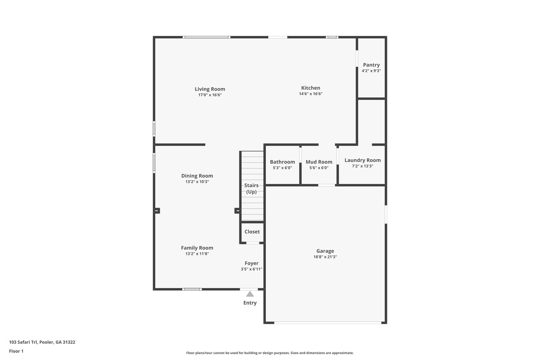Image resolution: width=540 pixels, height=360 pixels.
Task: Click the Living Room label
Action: click(210, 89)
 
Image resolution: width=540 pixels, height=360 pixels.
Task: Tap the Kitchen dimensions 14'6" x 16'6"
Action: click(310, 94)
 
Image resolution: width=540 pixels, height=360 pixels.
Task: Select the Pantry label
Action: click(371, 65)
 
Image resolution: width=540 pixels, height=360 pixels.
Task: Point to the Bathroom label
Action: click(282, 162)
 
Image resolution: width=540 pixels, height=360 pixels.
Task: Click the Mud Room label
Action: click(319, 162)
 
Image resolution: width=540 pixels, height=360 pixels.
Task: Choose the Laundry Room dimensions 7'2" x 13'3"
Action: click(362, 166)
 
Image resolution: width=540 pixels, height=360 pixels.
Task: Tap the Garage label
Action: click(325, 251)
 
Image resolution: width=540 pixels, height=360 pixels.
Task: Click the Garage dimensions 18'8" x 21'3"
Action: click(325, 257)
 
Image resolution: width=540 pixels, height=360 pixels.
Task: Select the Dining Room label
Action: click(197, 176)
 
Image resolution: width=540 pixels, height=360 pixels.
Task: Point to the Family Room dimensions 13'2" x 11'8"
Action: click(197, 254)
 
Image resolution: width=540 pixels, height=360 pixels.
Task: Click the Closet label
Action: click(252, 232)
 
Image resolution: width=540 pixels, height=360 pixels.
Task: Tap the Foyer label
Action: click(251, 263)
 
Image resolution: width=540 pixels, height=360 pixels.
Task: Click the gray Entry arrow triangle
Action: click(250, 294)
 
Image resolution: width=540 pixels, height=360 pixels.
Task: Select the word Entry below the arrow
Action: click(250, 303)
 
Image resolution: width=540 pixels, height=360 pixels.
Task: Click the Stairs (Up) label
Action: click(251, 189)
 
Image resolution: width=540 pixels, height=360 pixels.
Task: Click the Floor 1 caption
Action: click(16, 351)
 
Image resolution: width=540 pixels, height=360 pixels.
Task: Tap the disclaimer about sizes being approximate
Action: click(270, 353)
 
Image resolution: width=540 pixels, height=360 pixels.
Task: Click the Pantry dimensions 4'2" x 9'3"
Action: click(371, 71)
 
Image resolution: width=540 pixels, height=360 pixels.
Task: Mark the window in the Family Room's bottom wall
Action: click(192, 290)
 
